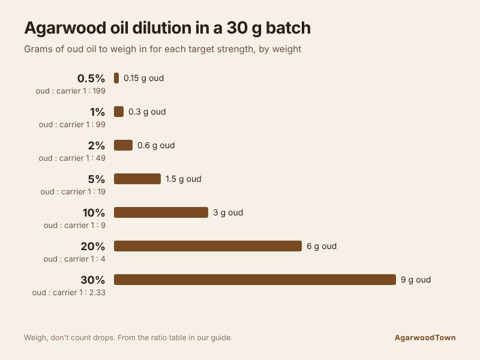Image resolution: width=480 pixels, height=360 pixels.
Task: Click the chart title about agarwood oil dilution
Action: pos(167,28)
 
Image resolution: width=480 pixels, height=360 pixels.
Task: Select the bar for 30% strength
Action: pos(255,280)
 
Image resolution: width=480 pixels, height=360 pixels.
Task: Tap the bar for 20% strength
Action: pos(208,246)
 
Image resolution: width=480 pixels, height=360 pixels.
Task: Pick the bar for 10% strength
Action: pos(161,212)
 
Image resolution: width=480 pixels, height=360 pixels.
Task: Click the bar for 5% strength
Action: pos(137,179)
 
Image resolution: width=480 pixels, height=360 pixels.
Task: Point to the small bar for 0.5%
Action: pos(116,78)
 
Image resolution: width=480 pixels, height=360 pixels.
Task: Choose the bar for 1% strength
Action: pos(119,112)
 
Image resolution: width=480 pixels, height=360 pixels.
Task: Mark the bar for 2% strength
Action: pos(124,145)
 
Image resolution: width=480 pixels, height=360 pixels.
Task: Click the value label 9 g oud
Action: pos(416,280)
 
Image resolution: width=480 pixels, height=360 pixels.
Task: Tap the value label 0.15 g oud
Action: pos(143,79)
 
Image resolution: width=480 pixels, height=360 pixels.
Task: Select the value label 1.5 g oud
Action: pos(184,179)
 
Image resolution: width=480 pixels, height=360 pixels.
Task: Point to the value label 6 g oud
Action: pos(322,247)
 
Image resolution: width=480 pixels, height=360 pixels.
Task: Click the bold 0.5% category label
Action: pos(91,79)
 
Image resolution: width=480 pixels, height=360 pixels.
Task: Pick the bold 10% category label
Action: pos(94,213)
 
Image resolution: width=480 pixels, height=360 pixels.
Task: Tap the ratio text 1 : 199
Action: pos(94,91)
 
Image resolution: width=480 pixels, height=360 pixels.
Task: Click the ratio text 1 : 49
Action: pos(95,158)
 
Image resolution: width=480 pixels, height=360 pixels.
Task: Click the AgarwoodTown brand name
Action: pos(425,338)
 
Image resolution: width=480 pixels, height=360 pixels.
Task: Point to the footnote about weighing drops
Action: pos(128,338)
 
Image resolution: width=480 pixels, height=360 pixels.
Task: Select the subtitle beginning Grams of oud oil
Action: pos(163,49)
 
